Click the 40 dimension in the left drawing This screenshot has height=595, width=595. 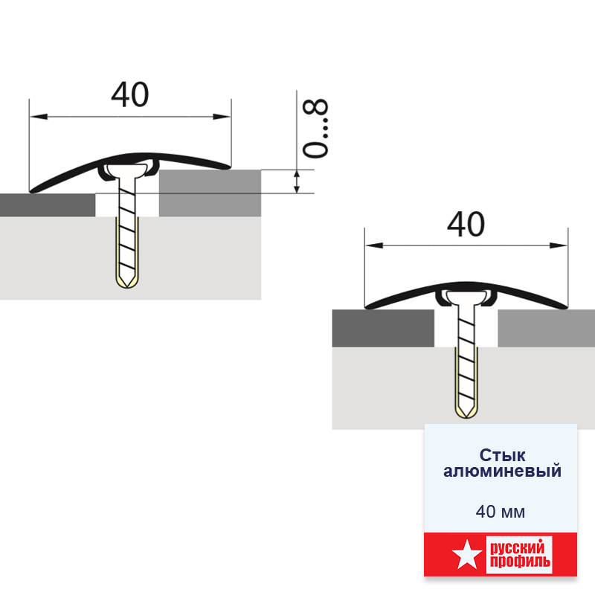click(x=129, y=94)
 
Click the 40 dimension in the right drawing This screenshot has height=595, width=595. click(x=466, y=225)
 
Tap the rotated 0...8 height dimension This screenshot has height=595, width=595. click(x=315, y=128)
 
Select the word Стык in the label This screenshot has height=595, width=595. click(x=502, y=454)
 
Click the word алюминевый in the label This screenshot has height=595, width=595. click(x=502, y=471)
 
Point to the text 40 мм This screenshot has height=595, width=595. click(x=501, y=512)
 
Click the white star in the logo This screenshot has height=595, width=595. click(x=467, y=555)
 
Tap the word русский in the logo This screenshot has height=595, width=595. click(x=517, y=548)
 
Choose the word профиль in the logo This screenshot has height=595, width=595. click(x=520, y=562)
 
